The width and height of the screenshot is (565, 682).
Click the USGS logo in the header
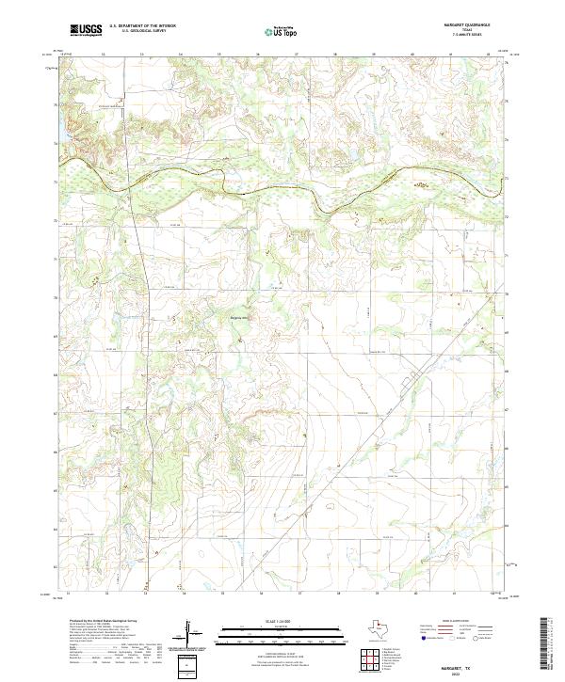[86, 30]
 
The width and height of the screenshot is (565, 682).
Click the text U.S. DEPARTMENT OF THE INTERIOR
[142, 26]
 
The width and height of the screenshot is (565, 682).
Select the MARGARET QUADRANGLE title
[467, 25]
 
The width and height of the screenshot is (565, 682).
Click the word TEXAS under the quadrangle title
[467, 30]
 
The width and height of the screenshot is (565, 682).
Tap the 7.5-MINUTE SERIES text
[467, 36]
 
